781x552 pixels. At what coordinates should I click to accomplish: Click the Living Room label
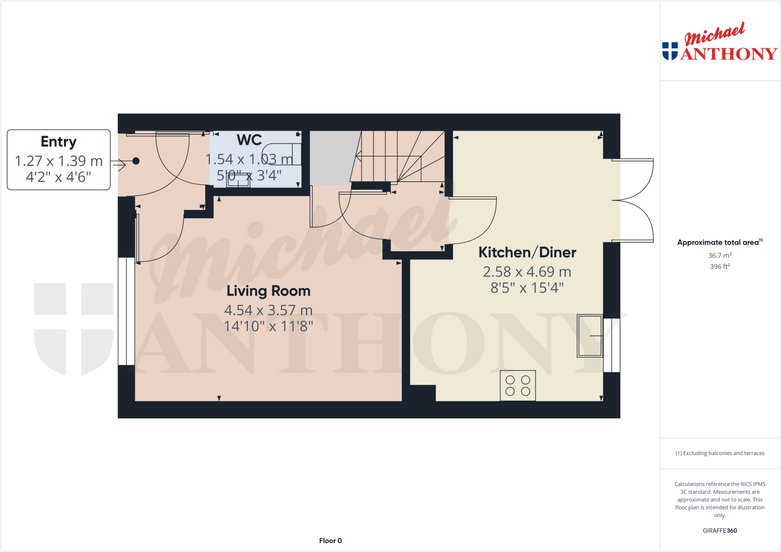coord(268,291)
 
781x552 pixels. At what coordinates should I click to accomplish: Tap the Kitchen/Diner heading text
coord(527,253)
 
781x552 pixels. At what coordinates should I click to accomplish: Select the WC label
coord(249,140)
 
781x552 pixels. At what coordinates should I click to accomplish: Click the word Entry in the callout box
coord(59,142)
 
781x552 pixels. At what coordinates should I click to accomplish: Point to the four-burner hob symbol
coord(517,386)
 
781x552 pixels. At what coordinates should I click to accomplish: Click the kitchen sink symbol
coord(590,336)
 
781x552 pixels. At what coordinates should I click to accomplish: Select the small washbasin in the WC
coord(238,180)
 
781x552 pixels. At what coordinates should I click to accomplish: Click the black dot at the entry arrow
coord(136,161)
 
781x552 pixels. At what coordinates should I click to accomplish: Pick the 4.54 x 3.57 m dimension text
coord(268,310)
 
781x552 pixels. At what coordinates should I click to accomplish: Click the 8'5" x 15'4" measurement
coord(527,288)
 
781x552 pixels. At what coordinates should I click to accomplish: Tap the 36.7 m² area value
coord(720,255)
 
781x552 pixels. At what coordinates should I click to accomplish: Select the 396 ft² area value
coord(720,267)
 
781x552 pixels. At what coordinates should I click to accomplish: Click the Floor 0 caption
coord(330,541)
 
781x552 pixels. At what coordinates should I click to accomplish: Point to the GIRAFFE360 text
coord(720,530)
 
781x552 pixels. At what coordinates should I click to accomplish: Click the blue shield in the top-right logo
coord(670,51)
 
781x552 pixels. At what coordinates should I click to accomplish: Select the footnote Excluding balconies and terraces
coord(720,453)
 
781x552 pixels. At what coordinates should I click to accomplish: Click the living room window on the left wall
coord(126,311)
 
